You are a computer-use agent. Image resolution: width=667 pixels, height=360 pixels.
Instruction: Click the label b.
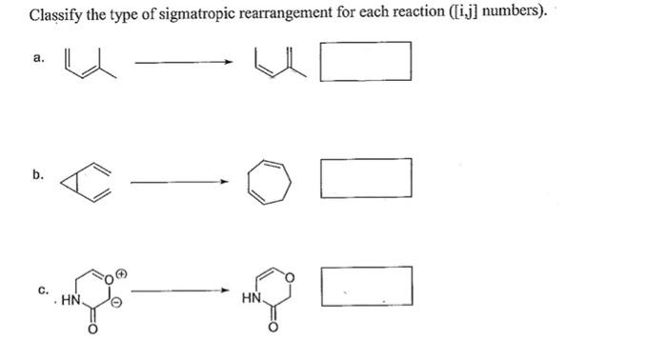(x=37, y=175)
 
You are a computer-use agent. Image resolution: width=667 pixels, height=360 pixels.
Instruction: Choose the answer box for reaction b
(x=366, y=178)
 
